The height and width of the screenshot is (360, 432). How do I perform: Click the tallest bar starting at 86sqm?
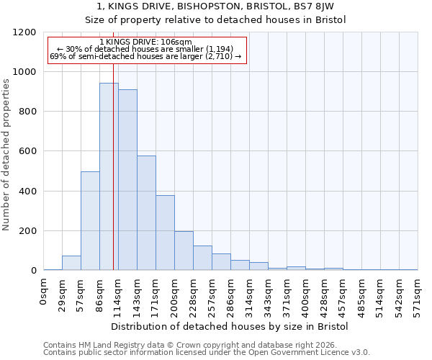[109, 176]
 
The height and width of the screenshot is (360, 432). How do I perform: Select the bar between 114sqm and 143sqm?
[127, 180]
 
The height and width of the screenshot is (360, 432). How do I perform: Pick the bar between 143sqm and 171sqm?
[146, 213]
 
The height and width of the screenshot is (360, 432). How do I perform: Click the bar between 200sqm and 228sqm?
[184, 251]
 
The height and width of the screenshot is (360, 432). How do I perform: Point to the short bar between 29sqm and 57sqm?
[71, 264]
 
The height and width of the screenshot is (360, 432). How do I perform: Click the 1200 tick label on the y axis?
[24, 32]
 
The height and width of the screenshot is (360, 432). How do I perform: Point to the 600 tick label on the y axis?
[27, 152]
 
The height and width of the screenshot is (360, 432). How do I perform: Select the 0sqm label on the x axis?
[44, 291]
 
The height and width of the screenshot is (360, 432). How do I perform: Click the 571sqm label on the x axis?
[418, 295]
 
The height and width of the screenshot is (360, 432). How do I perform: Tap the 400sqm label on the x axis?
[305, 295]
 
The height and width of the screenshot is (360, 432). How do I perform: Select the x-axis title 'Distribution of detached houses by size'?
[230, 326]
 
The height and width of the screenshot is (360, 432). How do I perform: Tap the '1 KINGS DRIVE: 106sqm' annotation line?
[146, 42]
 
